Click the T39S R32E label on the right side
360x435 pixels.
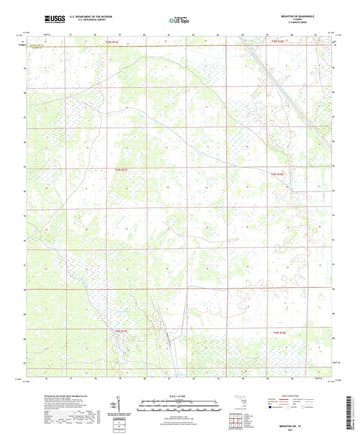coord(277,174)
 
